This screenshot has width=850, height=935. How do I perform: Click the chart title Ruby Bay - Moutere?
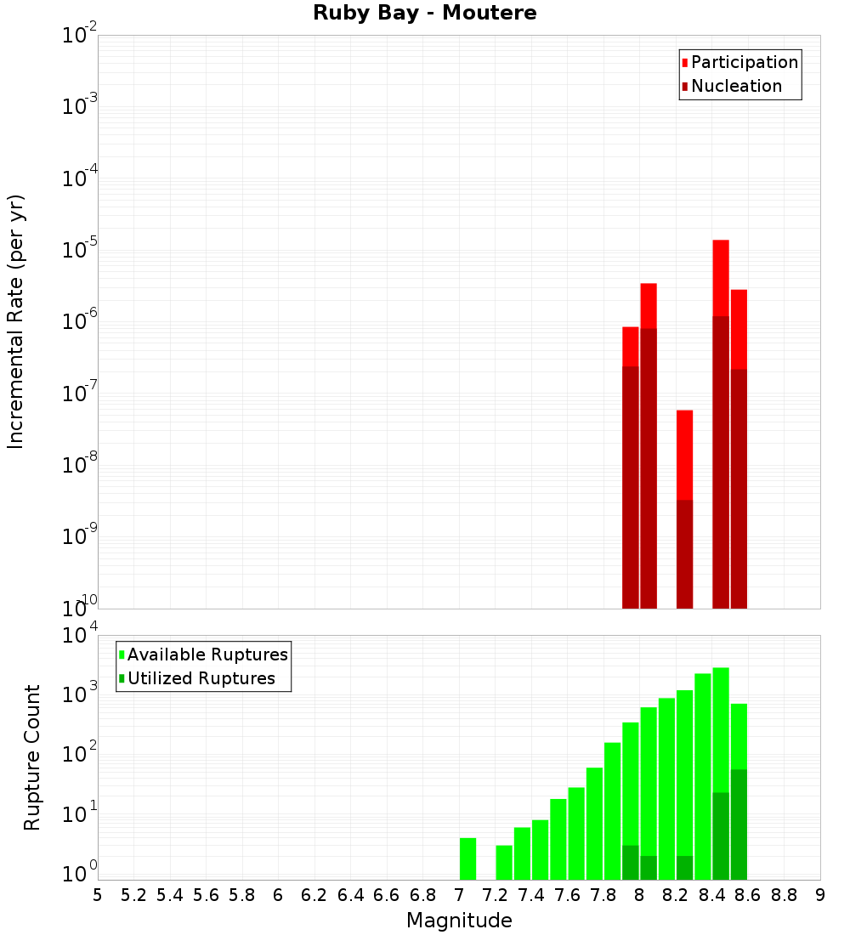pos(425,13)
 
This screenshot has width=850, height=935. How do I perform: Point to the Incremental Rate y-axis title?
pos(16,321)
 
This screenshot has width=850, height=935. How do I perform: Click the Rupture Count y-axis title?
pos(32,756)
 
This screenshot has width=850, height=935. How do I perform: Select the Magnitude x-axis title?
pos(459,921)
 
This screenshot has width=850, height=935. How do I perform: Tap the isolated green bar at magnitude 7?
pos(467,858)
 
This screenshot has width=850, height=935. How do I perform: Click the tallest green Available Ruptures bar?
pos(721,731)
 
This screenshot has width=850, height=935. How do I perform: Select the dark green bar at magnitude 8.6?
pos(739,824)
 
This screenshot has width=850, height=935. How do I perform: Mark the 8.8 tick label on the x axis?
pos(784,895)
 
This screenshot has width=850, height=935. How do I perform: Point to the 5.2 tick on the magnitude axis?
pos(133,895)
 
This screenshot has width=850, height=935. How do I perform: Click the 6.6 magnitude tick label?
pos(387,895)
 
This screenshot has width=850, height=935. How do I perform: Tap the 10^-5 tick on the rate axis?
pos(80,250)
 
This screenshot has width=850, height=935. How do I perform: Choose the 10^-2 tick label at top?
pos(80,36)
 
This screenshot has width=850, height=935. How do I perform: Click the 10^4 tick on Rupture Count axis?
pos(80,636)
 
